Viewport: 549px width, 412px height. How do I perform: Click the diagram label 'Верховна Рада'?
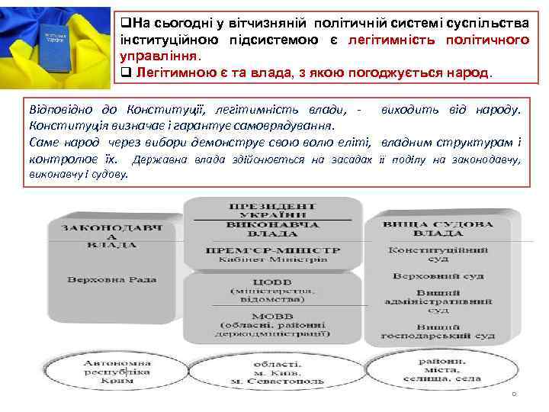112,279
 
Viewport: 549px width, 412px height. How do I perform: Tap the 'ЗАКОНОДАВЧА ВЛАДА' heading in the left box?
112,236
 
